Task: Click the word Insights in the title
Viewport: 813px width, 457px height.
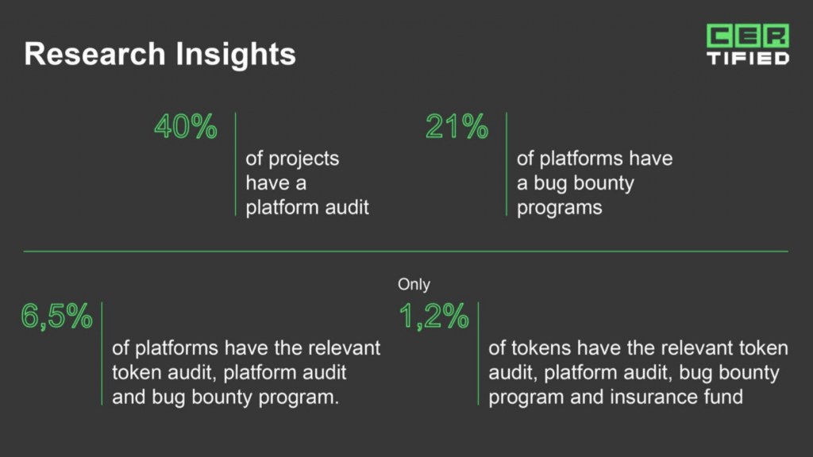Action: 235,55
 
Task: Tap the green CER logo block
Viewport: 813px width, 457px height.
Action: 748,35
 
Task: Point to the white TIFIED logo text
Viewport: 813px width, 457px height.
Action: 748,57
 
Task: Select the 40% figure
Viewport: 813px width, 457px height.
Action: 186,126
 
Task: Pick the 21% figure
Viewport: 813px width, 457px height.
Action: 457,126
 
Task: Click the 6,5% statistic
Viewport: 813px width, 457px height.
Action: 56,316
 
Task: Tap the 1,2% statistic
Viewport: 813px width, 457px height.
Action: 434,316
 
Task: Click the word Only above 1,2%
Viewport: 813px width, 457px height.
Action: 414,284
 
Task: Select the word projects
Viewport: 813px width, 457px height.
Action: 303,159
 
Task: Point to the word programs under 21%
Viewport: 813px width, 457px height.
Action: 560,209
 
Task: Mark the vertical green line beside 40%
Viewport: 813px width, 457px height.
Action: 235,163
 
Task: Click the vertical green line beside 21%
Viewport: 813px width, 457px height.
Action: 507,163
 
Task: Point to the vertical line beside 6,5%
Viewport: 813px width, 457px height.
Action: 102,353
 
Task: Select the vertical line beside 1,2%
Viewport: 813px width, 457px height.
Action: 479,353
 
